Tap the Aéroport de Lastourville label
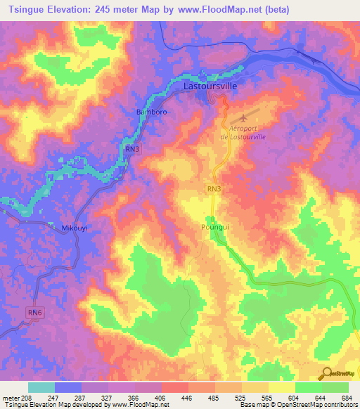pos(247,133)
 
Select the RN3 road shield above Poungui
pos(215,189)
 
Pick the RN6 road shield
pos(34,311)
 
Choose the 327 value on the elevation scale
pos(105,397)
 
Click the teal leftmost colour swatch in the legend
pos(41,387)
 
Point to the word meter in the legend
pos(12,397)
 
